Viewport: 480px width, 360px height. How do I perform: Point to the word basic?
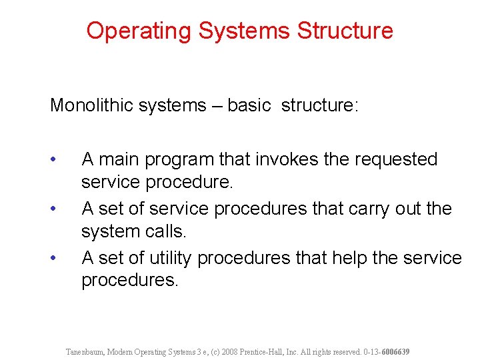coord(249,106)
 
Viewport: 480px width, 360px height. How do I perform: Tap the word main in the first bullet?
coord(121,159)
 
